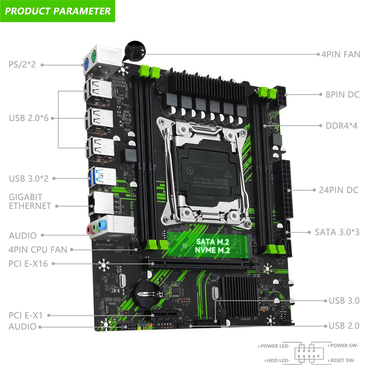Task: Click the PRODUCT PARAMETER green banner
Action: click(58, 11)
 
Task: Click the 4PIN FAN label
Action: click(340, 54)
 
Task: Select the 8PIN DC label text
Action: click(342, 94)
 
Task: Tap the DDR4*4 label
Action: click(342, 126)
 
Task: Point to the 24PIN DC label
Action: click(338, 190)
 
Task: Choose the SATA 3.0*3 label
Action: click(337, 232)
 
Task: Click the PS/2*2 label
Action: click(22, 64)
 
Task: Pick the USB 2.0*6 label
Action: click(29, 118)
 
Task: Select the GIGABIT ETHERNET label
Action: click(30, 201)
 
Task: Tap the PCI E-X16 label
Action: click(28, 264)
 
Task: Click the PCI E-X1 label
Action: click(25, 315)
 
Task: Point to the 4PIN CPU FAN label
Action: click(38, 250)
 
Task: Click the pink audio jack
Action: click(89, 230)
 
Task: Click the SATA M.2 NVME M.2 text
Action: click(212, 246)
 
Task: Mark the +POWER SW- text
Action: click(343, 346)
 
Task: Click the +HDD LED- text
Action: click(277, 360)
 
